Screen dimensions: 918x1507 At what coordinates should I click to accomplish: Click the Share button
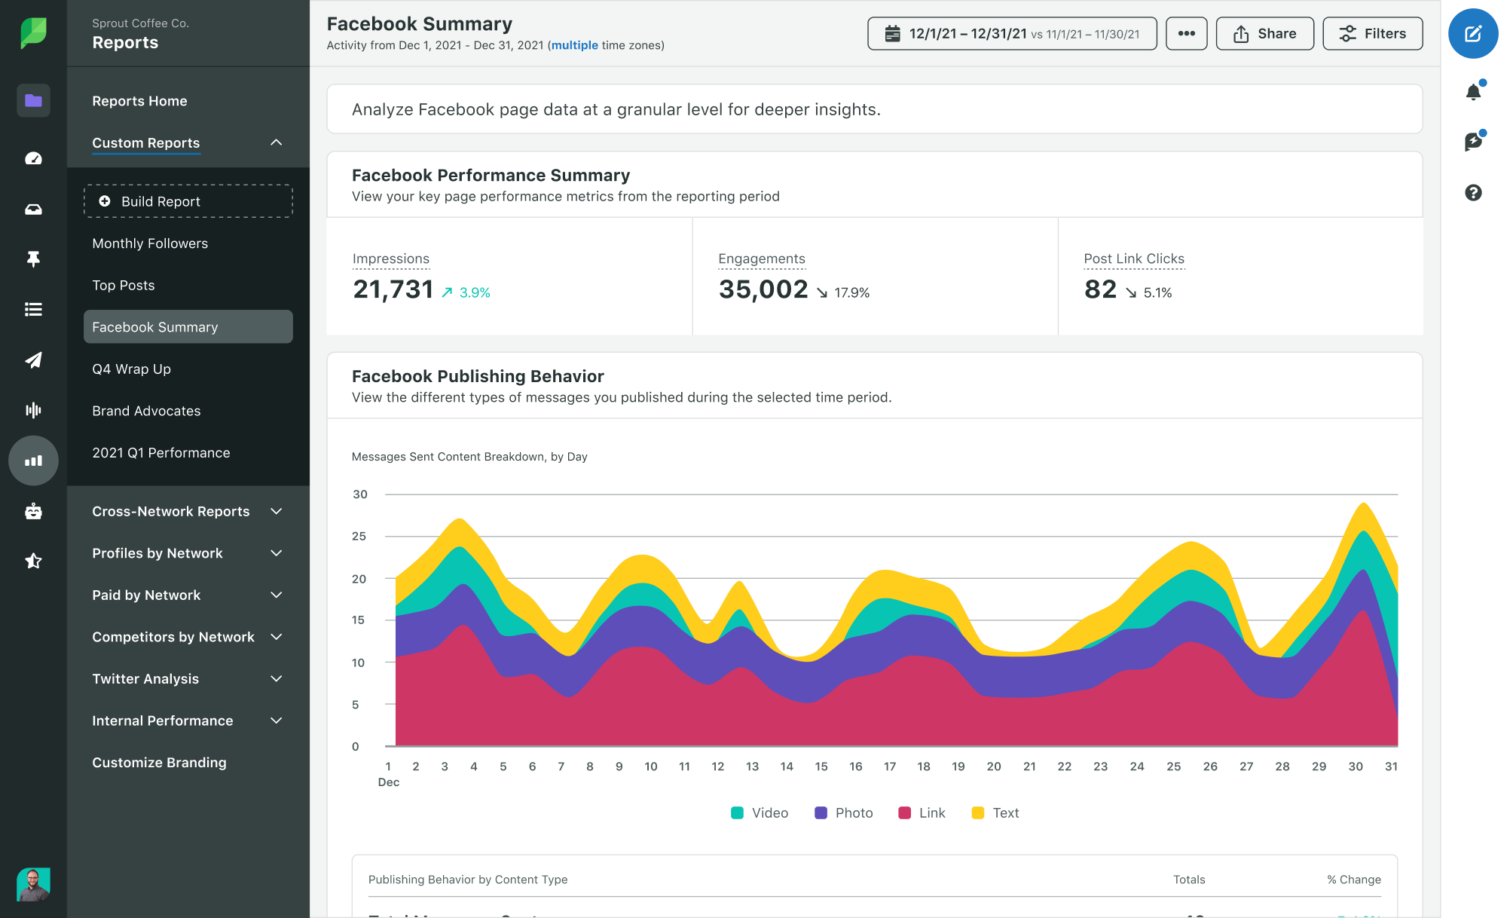1264,34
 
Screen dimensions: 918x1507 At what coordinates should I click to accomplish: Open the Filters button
1372,34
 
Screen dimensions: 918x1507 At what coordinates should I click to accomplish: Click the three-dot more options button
1186,34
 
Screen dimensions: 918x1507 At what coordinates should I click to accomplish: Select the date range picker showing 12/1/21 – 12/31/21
1011,34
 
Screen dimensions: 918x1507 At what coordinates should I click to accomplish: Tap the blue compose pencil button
1472,34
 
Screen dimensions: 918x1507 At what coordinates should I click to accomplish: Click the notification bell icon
1473,92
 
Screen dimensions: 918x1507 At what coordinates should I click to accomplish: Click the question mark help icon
1473,193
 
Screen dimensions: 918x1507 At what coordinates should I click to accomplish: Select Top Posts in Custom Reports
124,286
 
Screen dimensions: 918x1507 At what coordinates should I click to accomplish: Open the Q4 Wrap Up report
132,369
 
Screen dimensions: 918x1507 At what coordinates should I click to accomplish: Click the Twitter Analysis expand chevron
277,679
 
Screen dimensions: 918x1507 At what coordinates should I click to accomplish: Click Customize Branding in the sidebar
159,763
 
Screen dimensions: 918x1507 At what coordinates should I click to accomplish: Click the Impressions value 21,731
393,289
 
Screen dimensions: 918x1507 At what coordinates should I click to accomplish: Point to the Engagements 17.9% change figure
851,292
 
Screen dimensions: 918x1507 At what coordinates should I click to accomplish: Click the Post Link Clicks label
1133,259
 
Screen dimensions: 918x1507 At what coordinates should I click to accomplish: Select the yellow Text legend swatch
978,812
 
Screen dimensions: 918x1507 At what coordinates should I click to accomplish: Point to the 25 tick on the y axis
359,537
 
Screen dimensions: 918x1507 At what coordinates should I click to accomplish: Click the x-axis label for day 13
752,767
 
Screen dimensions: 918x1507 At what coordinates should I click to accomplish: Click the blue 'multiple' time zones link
574,45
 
